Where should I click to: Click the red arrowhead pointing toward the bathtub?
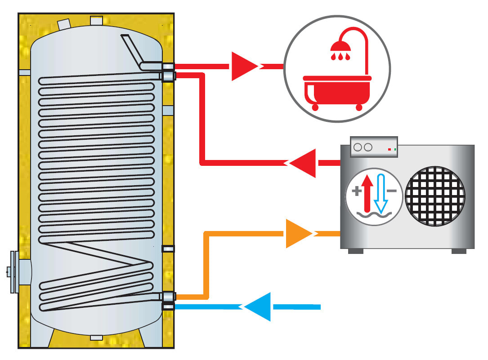[243, 67]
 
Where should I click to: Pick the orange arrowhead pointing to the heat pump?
[297, 233]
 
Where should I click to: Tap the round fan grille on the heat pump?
[435, 196]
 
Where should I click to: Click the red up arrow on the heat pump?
[367, 193]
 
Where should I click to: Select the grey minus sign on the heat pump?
[392, 191]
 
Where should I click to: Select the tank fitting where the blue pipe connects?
[168, 307]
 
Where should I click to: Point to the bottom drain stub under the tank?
[96, 338]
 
